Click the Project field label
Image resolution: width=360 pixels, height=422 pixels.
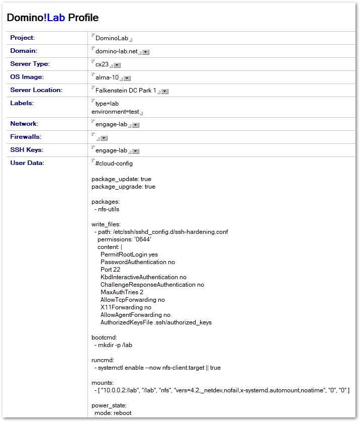coord(23,38)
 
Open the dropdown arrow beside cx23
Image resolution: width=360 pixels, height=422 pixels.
coord(117,65)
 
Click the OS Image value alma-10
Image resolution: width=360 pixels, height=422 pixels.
coord(107,77)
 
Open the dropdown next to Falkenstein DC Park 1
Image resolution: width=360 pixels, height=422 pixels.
coord(165,91)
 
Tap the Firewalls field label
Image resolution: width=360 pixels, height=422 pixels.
coord(25,137)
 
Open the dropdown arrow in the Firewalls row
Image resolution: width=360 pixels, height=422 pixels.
coord(104,138)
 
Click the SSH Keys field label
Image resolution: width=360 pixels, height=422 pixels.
coord(27,150)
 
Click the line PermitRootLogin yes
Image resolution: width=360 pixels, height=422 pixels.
coord(129,255)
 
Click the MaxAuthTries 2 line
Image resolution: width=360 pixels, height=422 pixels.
coord(122,292)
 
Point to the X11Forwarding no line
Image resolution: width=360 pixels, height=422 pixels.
coord(126,307)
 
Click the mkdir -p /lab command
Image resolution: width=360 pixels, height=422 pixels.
coord(115,345)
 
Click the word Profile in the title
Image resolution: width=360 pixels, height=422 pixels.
coord(83,18)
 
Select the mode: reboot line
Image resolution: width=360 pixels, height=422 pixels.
coord(113,413)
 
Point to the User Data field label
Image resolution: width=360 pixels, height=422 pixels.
coord(27,163)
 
